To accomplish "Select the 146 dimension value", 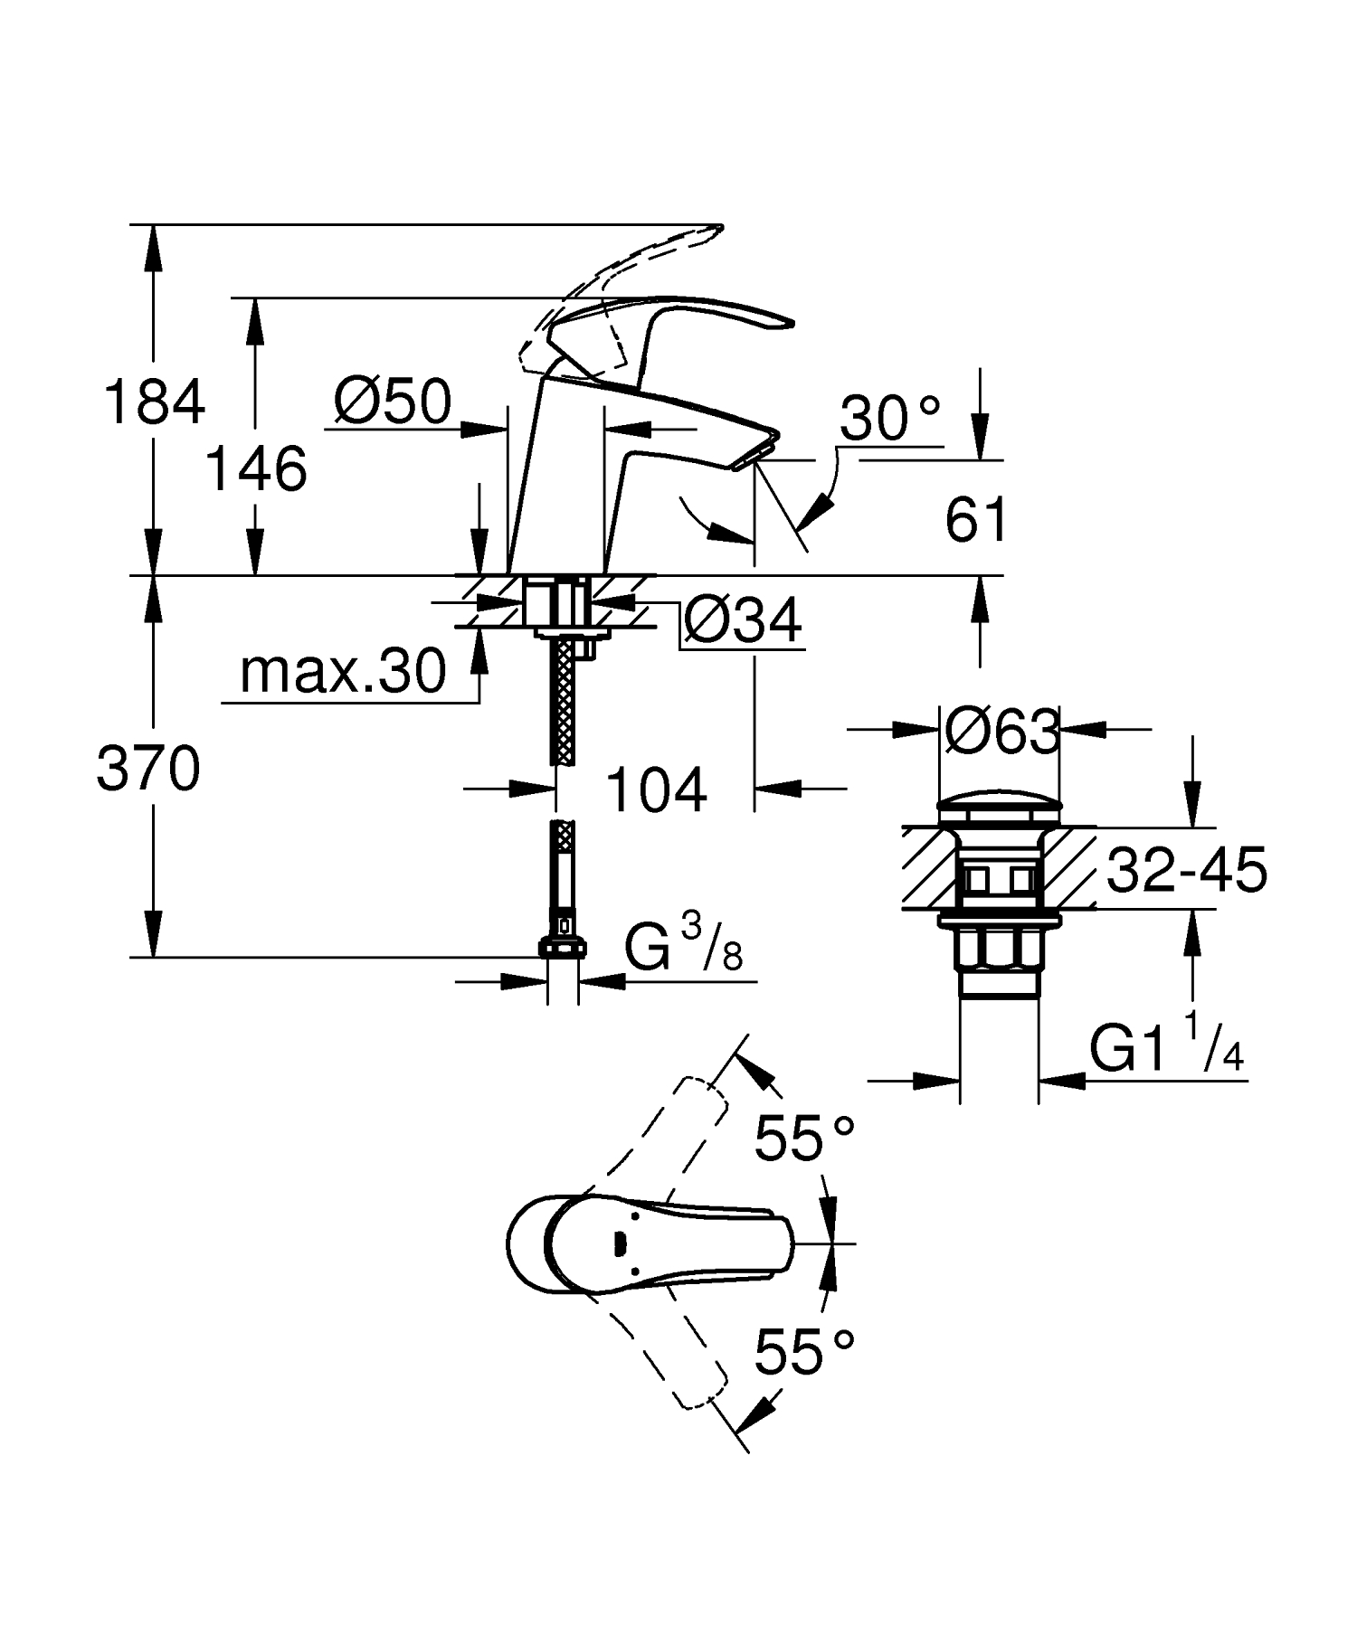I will [x=256, y=469].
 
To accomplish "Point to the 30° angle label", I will [x=890, y=419].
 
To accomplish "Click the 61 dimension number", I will [x=976, y=521].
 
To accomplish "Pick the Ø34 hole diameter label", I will [x=742, y=621].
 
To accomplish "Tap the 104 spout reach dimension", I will [x=655, y=789].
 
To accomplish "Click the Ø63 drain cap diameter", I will [x=1001, y=732].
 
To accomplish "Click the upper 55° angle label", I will [x=804, y=1138].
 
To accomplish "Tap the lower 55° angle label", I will [x=804, y=1352].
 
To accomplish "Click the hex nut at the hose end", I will [x=562, y=948].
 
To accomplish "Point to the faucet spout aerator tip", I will [x=756, y=453].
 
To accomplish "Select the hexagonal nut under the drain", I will [x=999, y=953].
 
